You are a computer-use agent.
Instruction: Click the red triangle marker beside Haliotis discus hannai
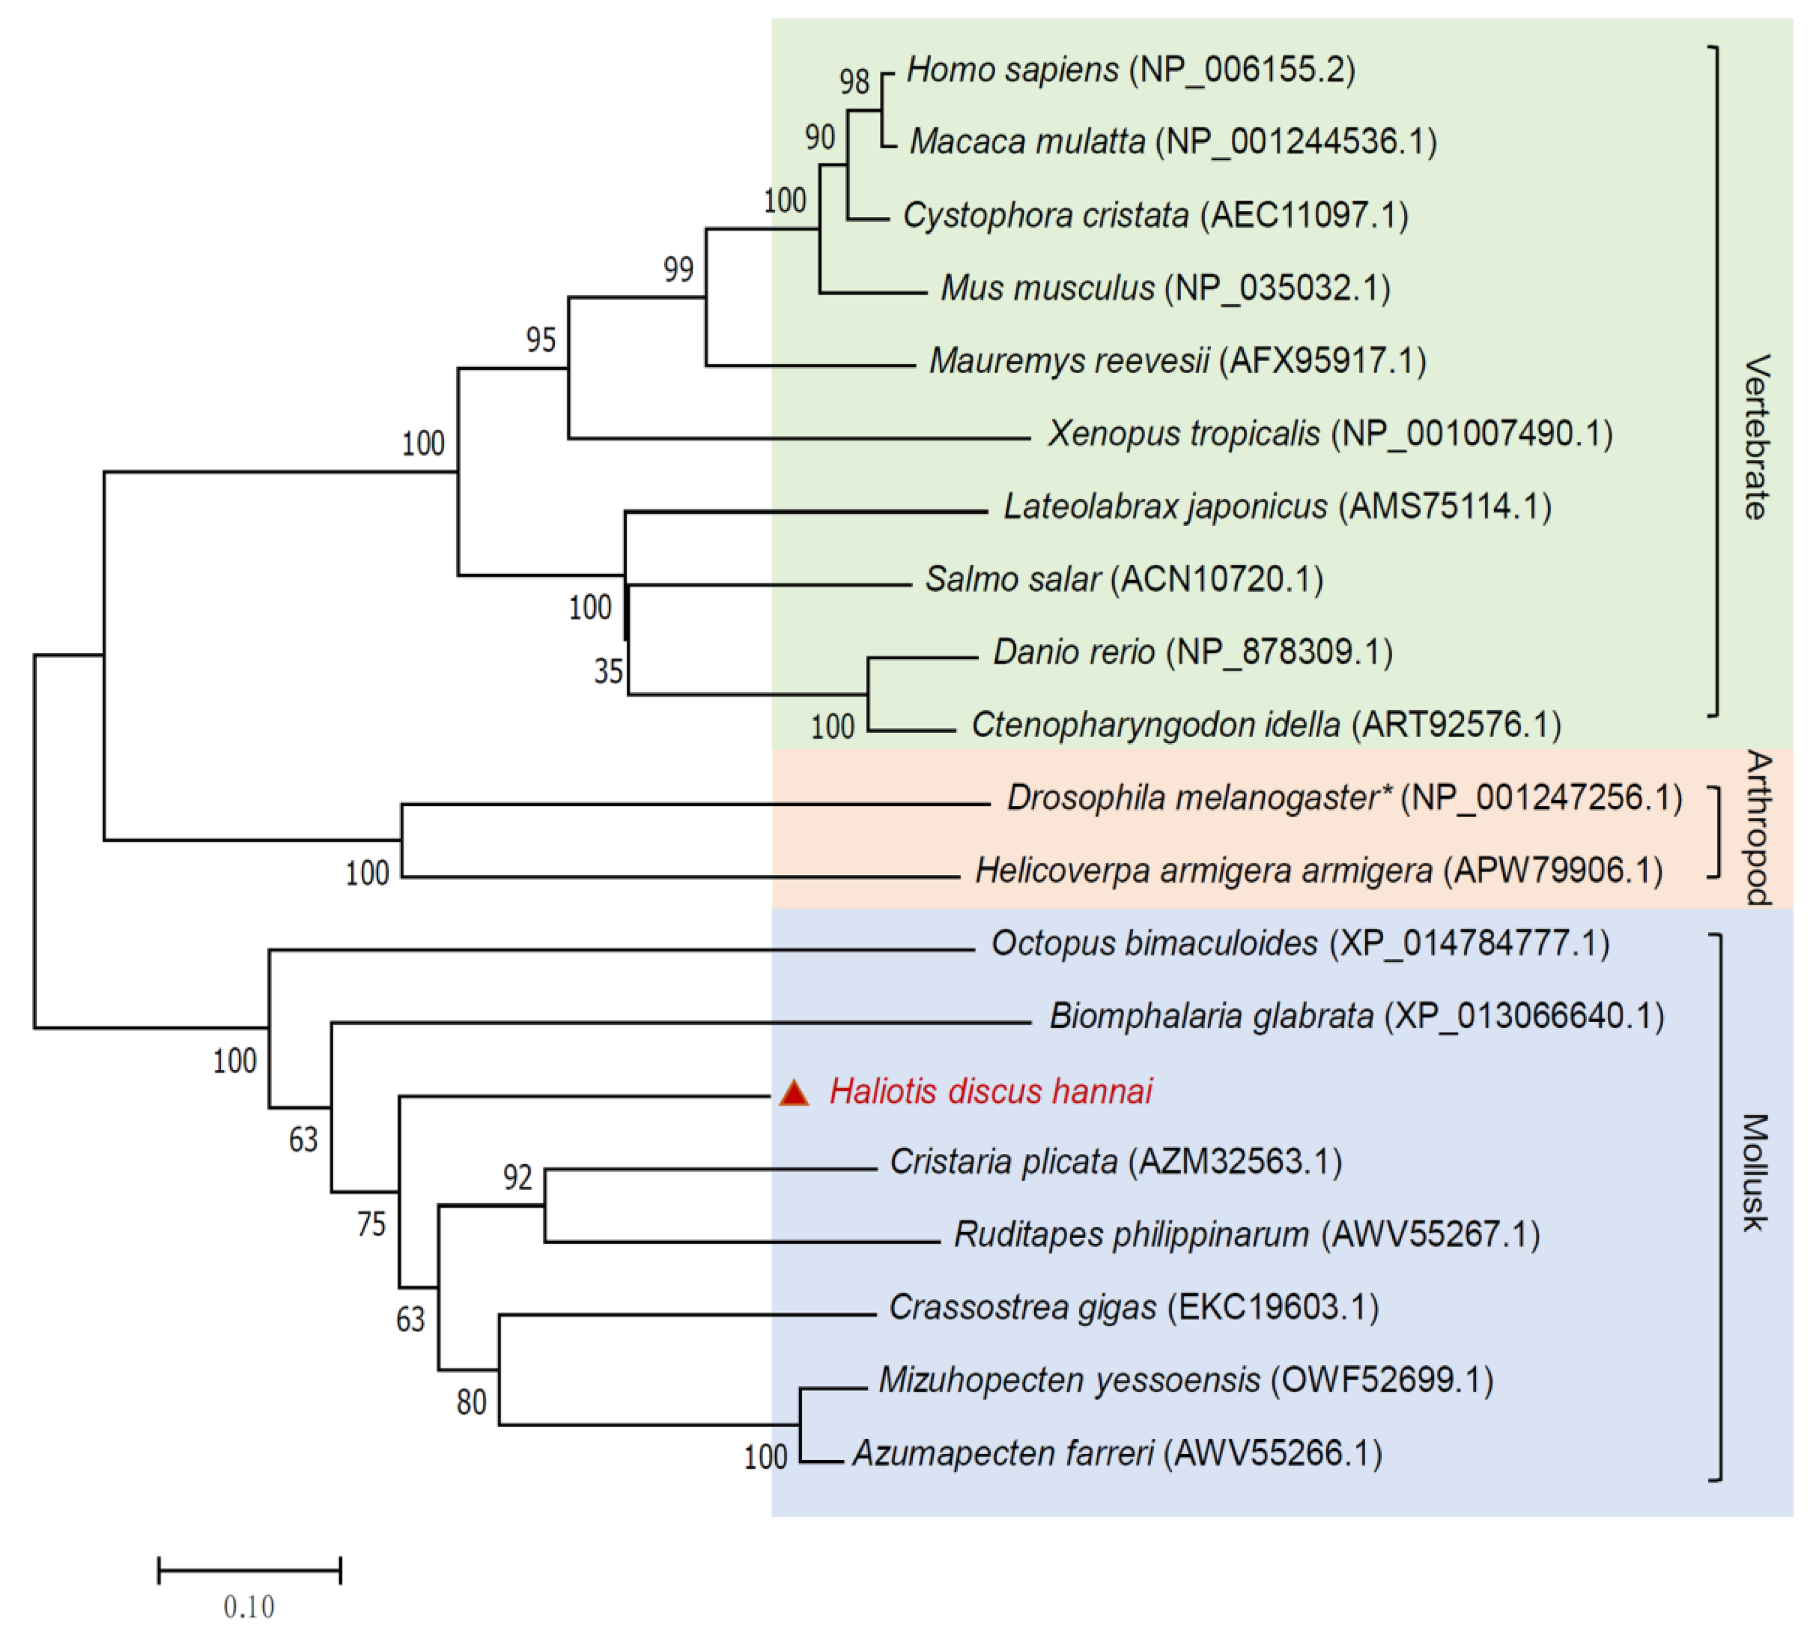point(794,1093)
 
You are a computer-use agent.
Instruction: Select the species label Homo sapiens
point(1012,69)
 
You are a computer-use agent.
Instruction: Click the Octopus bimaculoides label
point(1153,943)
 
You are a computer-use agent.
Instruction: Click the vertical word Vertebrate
point(1756,437)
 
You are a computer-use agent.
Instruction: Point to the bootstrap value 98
point(854,82)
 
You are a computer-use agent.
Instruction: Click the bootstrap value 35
point(609,671)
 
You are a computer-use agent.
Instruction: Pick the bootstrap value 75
point(371,1224)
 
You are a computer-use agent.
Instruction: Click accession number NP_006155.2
point(1242,69)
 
